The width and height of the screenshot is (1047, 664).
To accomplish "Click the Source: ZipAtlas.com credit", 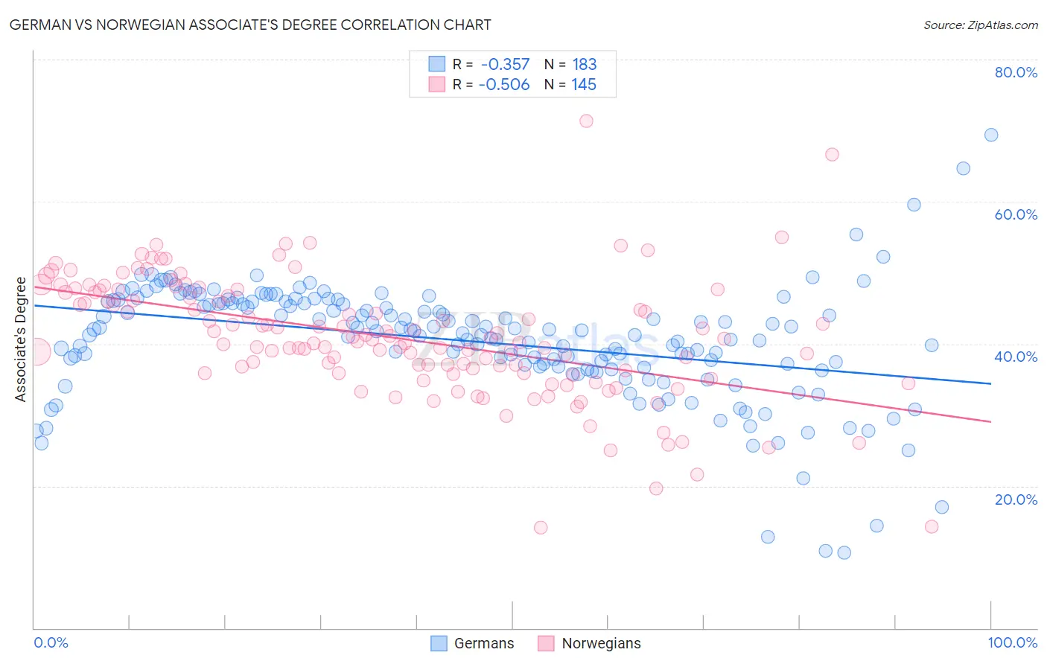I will click(x=980, y=25).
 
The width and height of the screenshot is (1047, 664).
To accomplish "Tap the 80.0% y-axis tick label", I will click(x=1016, y=72).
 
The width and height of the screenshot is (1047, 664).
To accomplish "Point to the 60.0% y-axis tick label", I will click(x=1016, y=214).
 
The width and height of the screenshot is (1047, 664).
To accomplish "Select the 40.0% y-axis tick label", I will click(x=1016, y=357).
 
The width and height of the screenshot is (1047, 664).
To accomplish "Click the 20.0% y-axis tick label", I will click(x=1016, y=499).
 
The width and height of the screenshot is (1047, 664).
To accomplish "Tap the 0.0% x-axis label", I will click(x=51, y=642).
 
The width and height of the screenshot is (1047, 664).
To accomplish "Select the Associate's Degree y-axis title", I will click(x=21, y=339).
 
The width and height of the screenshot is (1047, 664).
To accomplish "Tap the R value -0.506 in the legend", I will click(x=504, y=85).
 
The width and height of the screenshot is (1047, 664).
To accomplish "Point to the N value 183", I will click(x=585, y=65).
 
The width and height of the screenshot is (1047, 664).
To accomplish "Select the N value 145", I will click(x=584, y=85).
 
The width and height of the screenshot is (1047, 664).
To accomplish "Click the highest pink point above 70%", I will click(x=586, y=121).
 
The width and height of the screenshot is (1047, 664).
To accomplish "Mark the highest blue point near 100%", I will click(x=991, y=135).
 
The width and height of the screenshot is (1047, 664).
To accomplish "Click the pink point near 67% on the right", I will click(x=832, y=154).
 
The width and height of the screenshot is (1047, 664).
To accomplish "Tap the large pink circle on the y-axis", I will click(x=36, y=351).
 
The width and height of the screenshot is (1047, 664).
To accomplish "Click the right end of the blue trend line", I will click(x=990, y=383).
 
